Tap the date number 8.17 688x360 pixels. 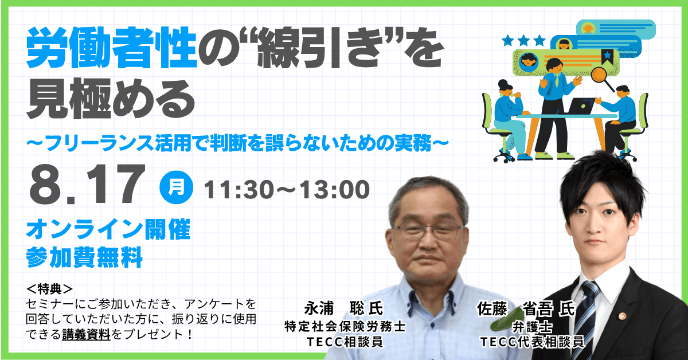(87, 185)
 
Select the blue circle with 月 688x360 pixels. (177, 187)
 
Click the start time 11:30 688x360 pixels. (239, 190)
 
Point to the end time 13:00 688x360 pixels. (335, 190)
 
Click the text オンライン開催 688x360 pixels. (108, 229)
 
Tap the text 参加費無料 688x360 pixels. (84, 257)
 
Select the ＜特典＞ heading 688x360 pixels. (49, 289)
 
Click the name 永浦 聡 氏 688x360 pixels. (343, 308)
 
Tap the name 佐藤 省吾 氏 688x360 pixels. (526, 309)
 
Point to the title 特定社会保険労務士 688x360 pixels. (345, 327)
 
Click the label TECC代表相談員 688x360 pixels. (532, 342)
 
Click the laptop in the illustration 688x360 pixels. (580, 106)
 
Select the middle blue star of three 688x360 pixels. (523, 40)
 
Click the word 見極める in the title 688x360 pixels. (111, 98)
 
